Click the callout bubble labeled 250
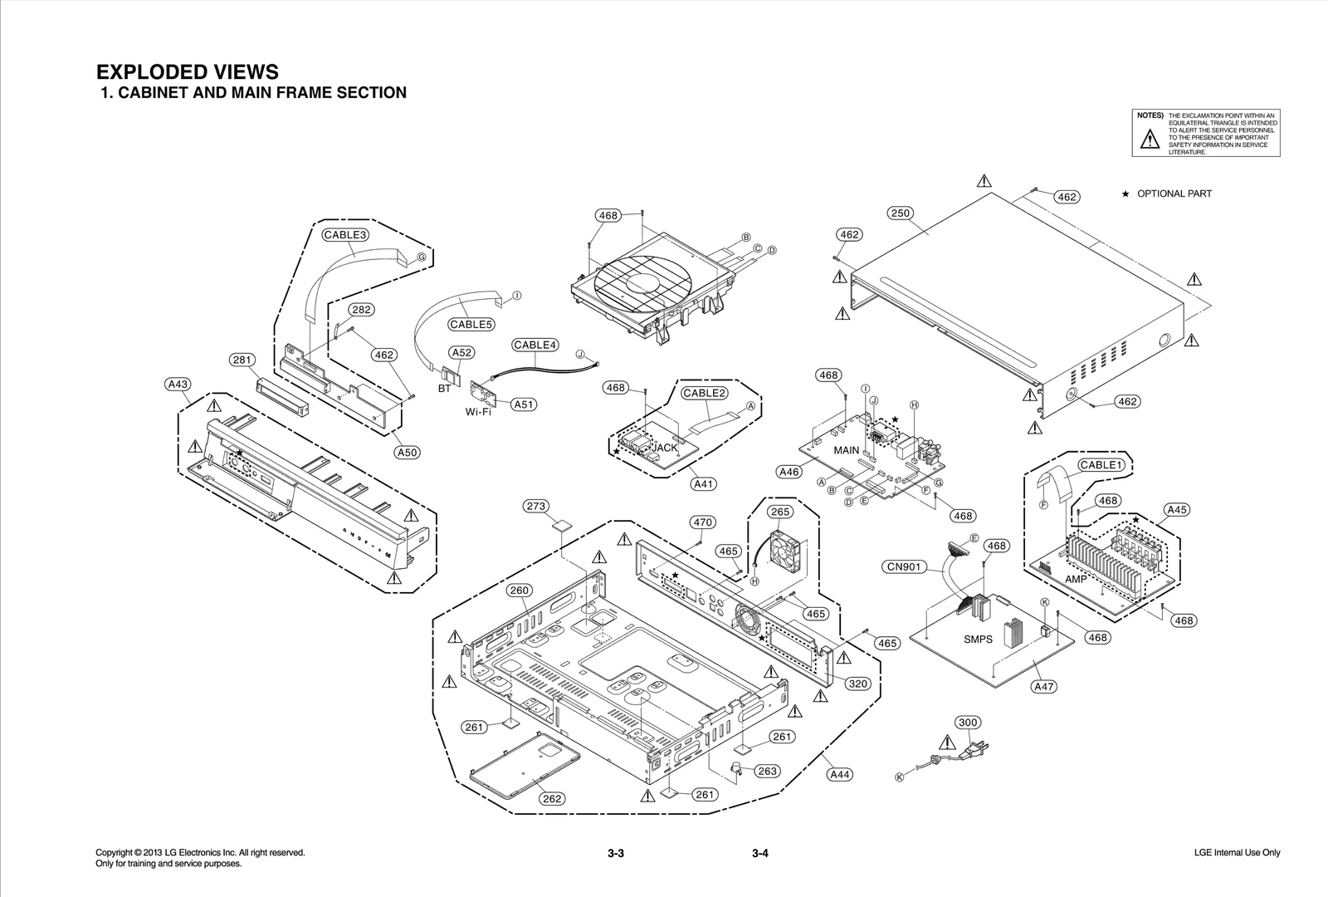(x=901, y=213)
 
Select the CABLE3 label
(x=345, y=235)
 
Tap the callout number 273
(x=536, y=506)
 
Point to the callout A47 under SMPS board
(x=1044, y=687)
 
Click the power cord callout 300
(x=968, y=723)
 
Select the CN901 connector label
(x=903, y=567)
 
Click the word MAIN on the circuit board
(x=847, y=450)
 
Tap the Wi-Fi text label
(x=478, y=412)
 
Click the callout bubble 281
(x=242, y=360)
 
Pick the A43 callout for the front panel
(x=178, y=385)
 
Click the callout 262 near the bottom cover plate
(x=552, y=799)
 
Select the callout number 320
(x=858, y=684)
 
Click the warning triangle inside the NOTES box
(x=1150, y=140)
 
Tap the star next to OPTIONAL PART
(x=1125, y=194)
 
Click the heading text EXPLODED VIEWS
(x=188, y=72)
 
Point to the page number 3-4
(x=760, y=854)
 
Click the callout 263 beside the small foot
(x=767, y=772)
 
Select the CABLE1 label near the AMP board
(x=1101, y=465)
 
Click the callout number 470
(x=702, y=522)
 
